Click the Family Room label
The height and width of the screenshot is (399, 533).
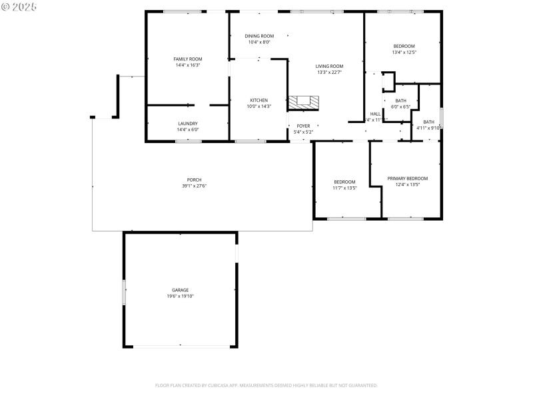[x=187, y=59]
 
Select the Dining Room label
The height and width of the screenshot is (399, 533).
[x=259, y=36]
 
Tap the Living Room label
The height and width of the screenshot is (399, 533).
[x=329, y=66]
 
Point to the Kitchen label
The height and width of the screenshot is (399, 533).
[x=259, y=100]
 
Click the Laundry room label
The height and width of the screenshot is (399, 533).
[x=187, y=124]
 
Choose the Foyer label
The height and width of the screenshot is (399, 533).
[x=303, y=126]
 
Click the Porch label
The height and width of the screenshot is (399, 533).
[x=194, y=180]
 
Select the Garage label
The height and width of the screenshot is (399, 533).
[x=180, y=290]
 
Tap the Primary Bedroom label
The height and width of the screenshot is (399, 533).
[x=407, y=178]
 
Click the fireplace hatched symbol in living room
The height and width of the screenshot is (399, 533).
[x=303, y=103]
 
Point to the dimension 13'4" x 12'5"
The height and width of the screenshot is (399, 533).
[x=404, y=52]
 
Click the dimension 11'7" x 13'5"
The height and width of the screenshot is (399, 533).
[x=344, y=188]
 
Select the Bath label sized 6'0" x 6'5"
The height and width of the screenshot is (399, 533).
[x=400, y=100]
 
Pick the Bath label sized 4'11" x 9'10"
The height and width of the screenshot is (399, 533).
[x=428, y=122]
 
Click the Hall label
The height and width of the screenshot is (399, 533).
[x=375, y=114]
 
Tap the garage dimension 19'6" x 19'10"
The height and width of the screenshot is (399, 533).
[x=180, y=296]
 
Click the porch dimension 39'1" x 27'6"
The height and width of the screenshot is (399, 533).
[x=194, y=186]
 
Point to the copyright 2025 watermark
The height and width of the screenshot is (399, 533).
[x=19, y=7]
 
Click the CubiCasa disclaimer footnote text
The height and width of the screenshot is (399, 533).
[x=266, y=385]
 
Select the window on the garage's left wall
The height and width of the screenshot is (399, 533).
[x=123, y=293]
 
